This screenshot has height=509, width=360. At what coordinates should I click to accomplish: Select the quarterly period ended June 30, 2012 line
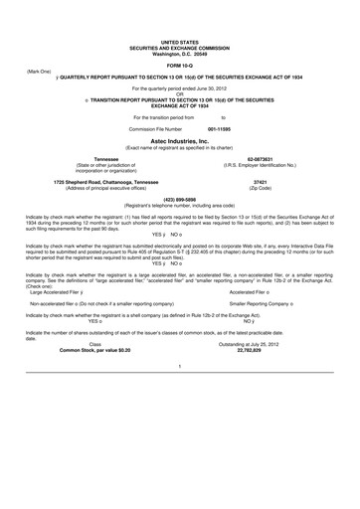click(180, 89)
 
